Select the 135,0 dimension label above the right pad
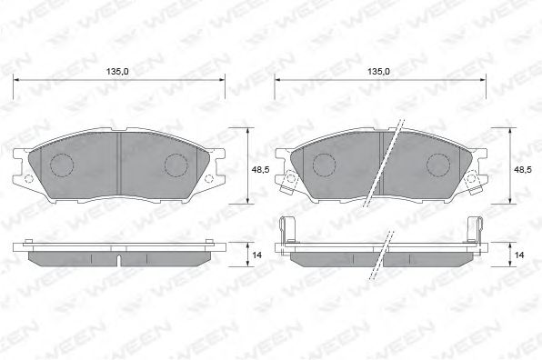[x=378, y=71]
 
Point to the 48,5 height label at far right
[x=524, y=169]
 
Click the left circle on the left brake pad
[x=61, y=165]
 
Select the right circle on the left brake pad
[x=176, y=165]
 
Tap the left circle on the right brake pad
[x=324, y=165]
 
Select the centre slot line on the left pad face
[x=119, y=164]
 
